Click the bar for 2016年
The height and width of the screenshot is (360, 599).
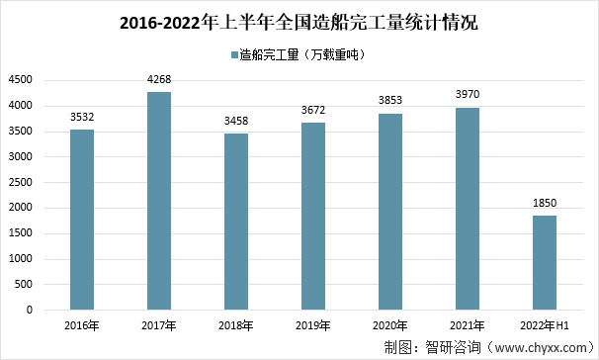tap(82, 220)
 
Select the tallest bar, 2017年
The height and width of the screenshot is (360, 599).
tap(159, 201)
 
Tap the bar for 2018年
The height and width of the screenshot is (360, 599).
tap(235, 222)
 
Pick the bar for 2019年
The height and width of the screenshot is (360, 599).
tap(312, 216)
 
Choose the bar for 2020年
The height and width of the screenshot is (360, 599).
tap(389, 212)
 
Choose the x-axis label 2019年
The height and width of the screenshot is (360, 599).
tap(312, 324)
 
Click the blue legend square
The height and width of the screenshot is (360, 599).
tap(234, 55)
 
